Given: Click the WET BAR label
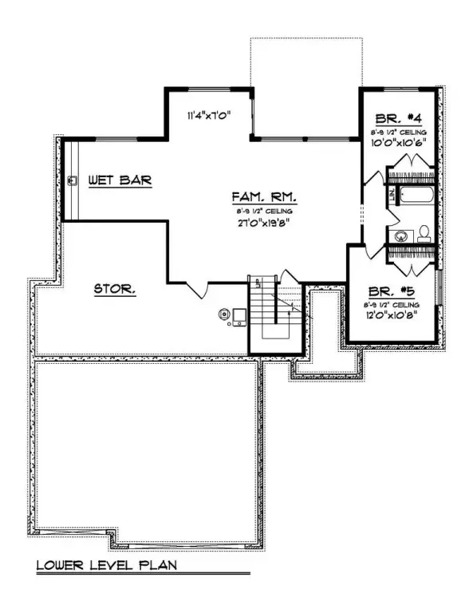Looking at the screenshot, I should (x=120, y=181).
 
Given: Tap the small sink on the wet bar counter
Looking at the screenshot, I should (x=73, y=181).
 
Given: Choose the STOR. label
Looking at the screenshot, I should (x=115, y=289).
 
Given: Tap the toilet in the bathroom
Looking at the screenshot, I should (x=424, y=233).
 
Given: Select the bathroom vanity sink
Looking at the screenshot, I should (x=401, y=235).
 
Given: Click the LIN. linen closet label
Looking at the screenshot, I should (x=392, y=194).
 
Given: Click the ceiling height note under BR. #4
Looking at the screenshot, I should (x=398, y=131).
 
